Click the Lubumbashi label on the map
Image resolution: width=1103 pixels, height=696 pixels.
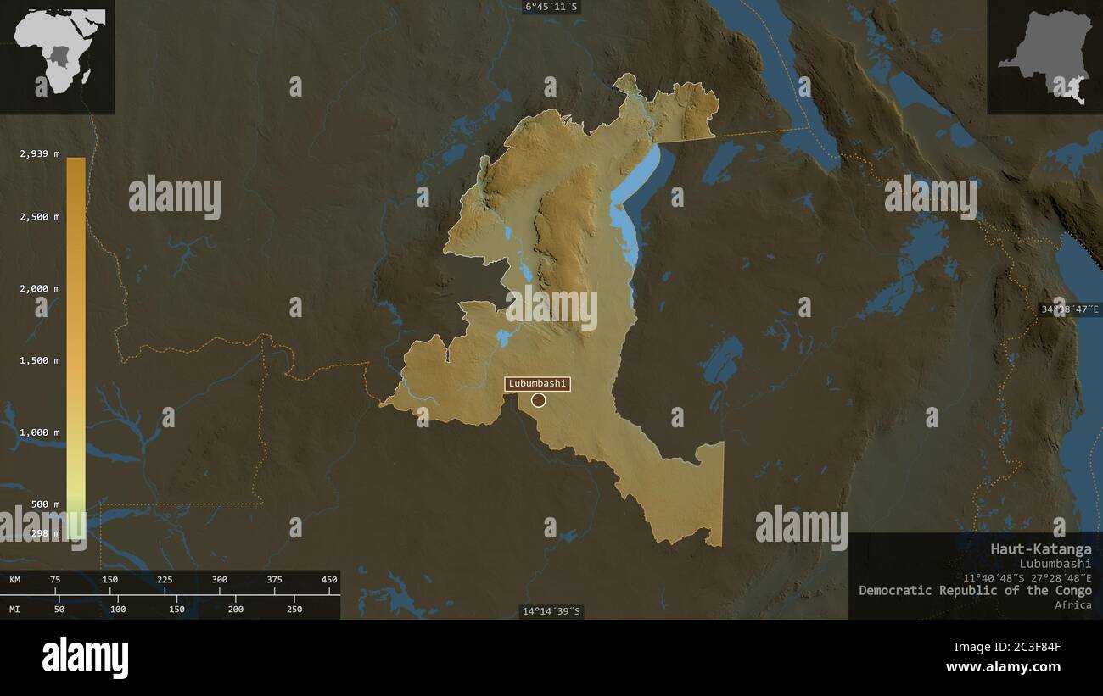pos(537,383)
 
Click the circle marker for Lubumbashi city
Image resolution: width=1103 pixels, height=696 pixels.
pos(538,400)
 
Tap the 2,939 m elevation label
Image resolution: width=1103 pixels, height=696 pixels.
pos(40,153)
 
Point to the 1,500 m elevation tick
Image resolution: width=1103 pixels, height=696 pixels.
pos(40,360)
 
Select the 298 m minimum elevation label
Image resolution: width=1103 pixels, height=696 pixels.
pos(45,533)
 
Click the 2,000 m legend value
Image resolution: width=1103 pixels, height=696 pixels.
pos(40,288)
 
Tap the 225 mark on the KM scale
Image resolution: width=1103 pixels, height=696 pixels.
pos(165,580)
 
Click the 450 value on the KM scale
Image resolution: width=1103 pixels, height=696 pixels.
pos(328,580)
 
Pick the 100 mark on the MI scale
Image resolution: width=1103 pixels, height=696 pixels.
pos(118,609)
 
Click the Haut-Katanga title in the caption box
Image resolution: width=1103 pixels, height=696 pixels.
pos(1041,548)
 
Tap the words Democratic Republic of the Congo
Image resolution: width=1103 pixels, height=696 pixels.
pos(975,590)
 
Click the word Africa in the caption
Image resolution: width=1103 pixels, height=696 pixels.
pos(1073,604)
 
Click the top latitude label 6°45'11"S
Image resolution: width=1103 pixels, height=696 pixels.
pos(552,7)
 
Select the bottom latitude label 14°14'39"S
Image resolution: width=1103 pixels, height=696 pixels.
pos(551,611)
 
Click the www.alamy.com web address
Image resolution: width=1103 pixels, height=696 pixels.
pos(1003,667)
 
